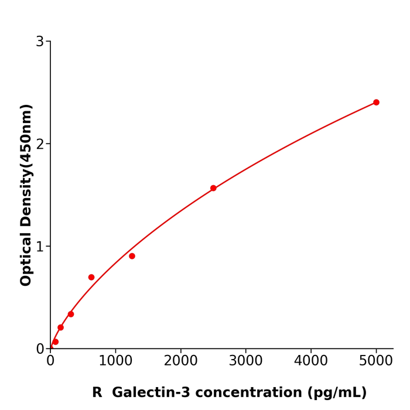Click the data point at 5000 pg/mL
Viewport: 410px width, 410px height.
376,102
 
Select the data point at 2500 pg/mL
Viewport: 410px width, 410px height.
213,188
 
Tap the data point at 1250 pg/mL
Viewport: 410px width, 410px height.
132,256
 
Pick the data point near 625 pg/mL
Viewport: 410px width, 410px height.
91,277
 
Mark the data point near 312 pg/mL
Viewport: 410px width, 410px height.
71,314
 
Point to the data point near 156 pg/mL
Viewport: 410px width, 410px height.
60,327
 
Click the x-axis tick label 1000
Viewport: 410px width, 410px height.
115,361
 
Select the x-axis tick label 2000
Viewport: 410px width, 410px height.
180,361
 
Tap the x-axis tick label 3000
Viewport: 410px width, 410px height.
245,361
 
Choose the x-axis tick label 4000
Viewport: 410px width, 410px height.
310,361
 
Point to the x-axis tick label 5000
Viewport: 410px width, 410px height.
376,361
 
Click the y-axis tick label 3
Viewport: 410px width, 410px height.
40,42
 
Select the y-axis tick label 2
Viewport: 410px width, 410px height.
40,144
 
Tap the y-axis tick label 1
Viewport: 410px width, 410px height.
40,247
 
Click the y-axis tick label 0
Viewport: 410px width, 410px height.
40,349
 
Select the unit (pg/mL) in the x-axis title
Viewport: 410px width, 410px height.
338,393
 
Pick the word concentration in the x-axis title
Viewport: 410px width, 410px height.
247,393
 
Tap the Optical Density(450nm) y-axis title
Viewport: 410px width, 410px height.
26,195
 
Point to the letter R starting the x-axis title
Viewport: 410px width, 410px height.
97,393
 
